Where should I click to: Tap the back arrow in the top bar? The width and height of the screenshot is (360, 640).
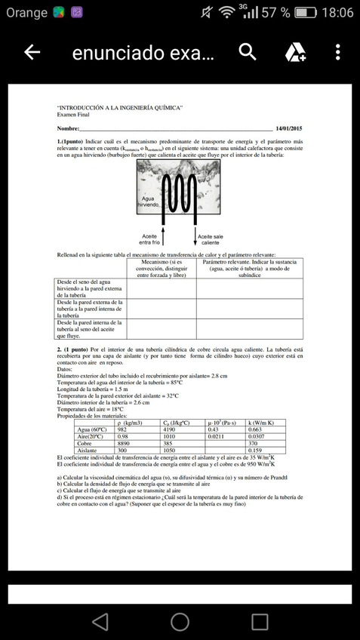pyautogui.click(x=32, y=52)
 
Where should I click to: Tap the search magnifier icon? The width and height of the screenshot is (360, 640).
pyautogui.click(x=248, y=52)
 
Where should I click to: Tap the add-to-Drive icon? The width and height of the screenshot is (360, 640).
pyautogui.click(x=295, y=52)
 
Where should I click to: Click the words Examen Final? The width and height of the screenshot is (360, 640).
pyautogui.click(x=73, y=114)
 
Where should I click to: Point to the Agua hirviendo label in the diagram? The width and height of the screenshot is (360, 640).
pyautogui.click(x=149, y=202)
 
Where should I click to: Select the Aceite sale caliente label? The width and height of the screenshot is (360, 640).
pyautogui.click(x=211, y=240)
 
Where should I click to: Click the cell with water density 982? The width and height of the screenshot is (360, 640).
pyautogui.click(x=122, y=429)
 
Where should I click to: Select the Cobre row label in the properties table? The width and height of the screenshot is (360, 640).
pyautogui.click(x=85, y=443)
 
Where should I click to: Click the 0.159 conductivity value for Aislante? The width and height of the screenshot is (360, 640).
pyautogui.click(x=255, y=451)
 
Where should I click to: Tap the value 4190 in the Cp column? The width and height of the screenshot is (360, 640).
pyautogui.click(x=170, y=429)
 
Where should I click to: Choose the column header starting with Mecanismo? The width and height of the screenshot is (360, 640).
pyautogui.click(x=162, y=268)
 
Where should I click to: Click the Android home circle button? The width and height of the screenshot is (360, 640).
pyautogui.click(x=180, y=621)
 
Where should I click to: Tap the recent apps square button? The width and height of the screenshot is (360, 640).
pyautogui.click(x=260, y=621)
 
